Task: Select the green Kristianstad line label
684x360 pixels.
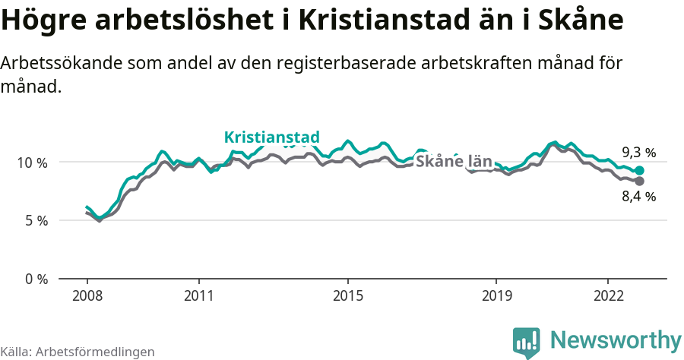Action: [x=271, y=137]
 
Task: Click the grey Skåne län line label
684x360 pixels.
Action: [x=454, y=162]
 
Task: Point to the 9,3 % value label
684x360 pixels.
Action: [x=638, y=152]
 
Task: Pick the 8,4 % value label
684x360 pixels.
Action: [x=638, y=197]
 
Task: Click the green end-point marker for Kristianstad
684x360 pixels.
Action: [x=639, y=171]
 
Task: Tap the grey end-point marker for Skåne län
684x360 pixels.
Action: [x=639, y=182]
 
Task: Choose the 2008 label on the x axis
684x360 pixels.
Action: [x=87, y=295]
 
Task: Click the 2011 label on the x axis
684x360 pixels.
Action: [x=198, y=295]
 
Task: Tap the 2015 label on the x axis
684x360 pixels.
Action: [x=347, y=295]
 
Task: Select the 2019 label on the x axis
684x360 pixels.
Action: [x=496, y=295]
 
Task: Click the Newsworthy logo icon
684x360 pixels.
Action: [x=526, y=343]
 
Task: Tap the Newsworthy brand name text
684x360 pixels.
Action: [x=616, y=340]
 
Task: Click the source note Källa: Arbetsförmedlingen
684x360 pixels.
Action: [x=78, y=352]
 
